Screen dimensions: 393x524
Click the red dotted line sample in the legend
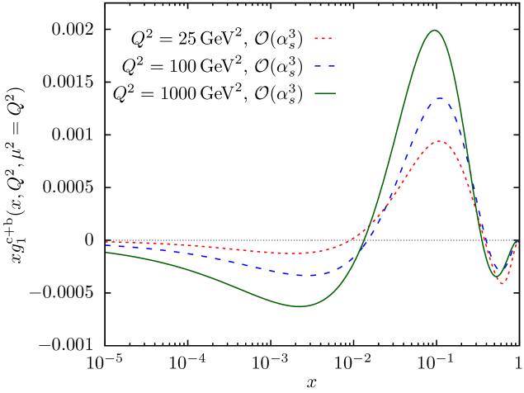325,39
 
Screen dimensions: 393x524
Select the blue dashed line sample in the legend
325,66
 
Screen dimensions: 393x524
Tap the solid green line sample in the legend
325,93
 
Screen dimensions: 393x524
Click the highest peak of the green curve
435,31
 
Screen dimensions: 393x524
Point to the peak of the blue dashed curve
440,98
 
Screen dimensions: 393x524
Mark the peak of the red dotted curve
440,141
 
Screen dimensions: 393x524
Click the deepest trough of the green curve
300,306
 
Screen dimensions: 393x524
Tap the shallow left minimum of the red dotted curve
293,253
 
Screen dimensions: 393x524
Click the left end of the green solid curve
106,253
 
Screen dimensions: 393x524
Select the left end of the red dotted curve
106,242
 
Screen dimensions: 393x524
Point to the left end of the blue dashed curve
106,245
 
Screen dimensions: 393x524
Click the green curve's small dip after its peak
497,275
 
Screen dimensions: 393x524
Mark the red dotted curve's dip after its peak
502,284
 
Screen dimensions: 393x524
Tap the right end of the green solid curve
518,241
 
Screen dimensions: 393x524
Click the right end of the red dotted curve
518,243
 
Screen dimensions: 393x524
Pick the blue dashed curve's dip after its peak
498,280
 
